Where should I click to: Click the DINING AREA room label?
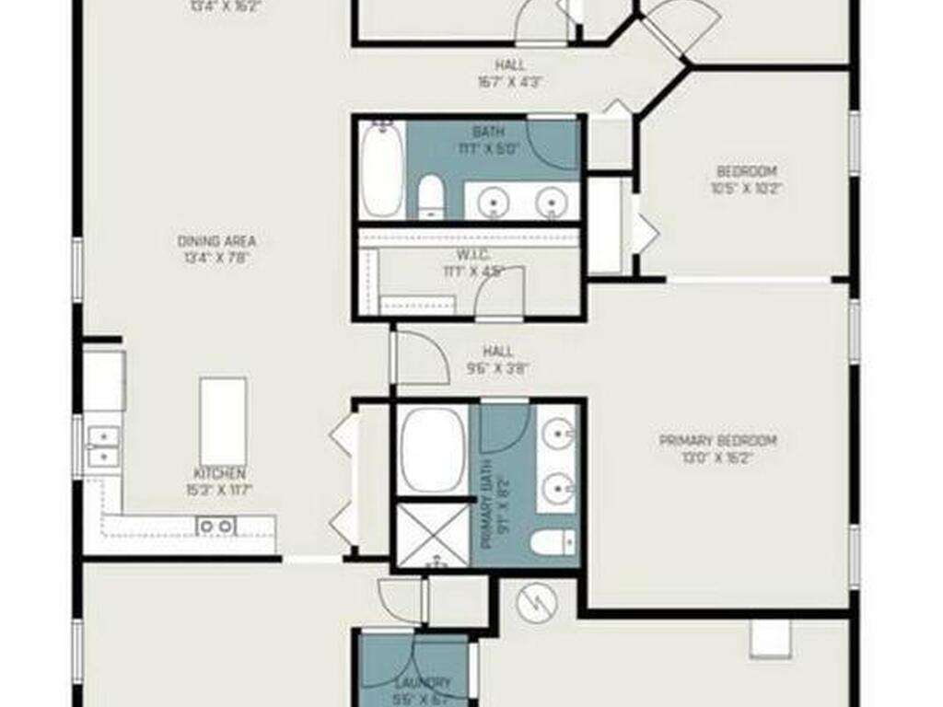216,241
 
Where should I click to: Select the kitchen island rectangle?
223,421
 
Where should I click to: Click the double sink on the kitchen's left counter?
103,446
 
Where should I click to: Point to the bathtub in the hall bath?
381,170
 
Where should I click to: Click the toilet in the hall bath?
431,198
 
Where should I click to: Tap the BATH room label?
488,132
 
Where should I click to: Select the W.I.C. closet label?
473,254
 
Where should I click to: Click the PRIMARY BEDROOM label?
718,440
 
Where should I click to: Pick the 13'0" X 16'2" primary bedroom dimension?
718,457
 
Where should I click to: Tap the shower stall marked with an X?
432,532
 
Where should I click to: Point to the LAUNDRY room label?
424,682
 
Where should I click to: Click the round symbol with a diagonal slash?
539,602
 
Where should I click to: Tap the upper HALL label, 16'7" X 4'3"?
509,65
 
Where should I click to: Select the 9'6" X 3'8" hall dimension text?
498,368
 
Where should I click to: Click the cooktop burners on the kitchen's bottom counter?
216,526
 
